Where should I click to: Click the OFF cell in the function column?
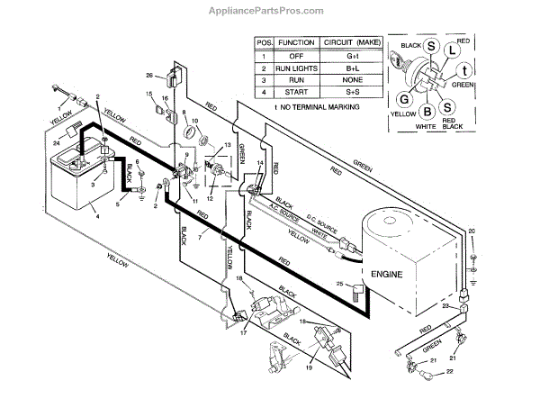pos(295,55)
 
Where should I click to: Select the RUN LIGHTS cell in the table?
pos(295,68)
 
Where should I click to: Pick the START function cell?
pos(295,93)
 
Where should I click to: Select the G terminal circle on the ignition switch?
pos(405,99)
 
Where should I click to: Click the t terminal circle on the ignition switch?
pos(463,71)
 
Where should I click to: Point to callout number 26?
pos(149,75)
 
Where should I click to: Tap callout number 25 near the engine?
pos(340,285)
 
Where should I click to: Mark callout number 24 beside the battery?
pos(56,141)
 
